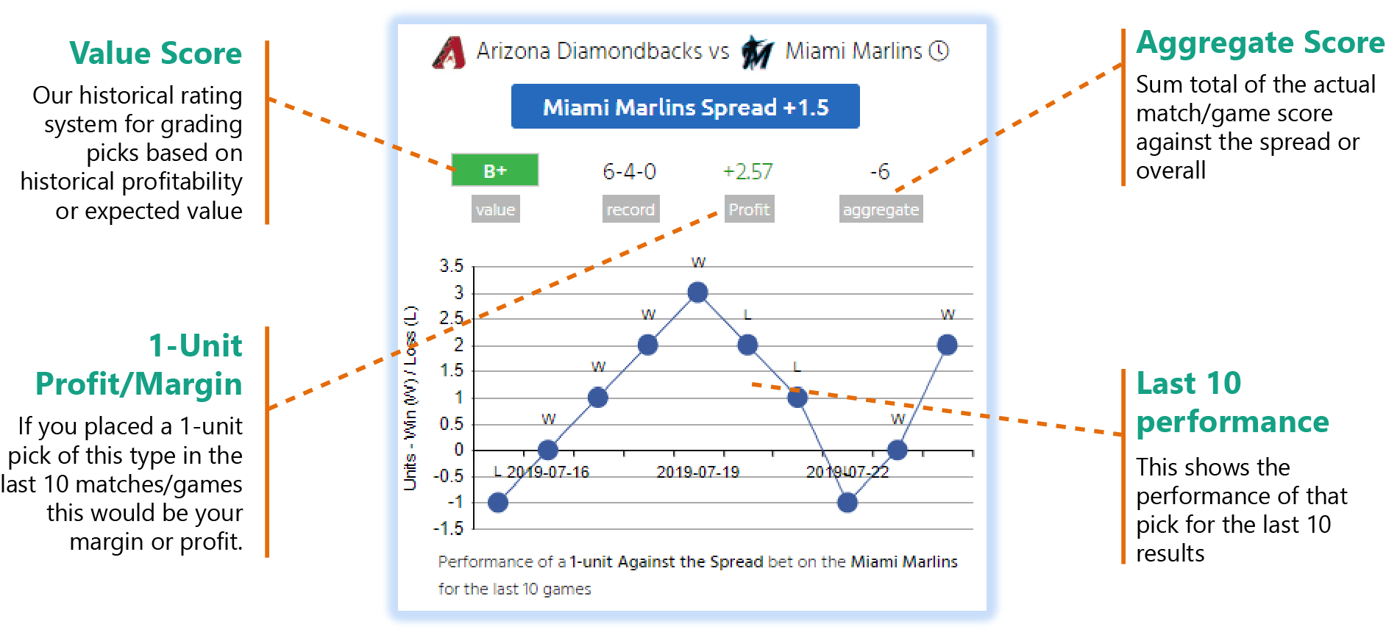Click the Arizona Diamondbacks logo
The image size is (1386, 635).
[449, 52]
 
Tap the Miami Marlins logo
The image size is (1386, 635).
[757, 52]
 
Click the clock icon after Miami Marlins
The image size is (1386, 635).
[939, 51]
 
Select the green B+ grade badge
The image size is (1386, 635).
[495, 171]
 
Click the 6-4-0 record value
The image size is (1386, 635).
[630, 171]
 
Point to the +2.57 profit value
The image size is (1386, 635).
[748, 171]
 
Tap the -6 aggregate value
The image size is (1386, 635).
[881, 171]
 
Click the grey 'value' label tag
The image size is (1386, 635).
[495, 209]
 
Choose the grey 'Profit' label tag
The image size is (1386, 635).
[749, 209]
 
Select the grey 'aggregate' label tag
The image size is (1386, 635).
[881, 209]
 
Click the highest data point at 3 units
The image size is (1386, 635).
[697, 293]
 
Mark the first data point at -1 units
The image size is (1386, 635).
[498, 503]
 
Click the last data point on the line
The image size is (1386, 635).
[948, 345]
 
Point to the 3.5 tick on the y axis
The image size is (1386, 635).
[452, 266]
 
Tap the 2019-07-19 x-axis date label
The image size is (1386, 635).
[698, 472]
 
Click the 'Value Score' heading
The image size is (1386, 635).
[156, 54]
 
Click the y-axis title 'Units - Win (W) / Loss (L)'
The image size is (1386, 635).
[411, 398]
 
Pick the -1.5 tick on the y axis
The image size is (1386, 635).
[449, 528]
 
